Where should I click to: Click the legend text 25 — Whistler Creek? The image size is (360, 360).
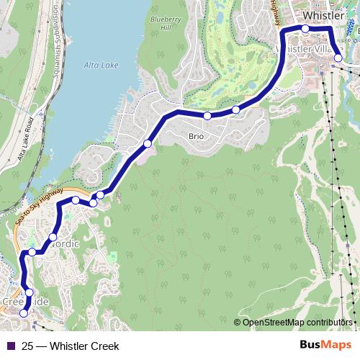tap(71, 346)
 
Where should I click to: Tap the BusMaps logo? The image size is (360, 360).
tap(325, 346)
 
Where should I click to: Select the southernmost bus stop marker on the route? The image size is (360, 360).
tap(24, 313)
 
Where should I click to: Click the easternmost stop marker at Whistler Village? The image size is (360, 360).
tap(338, 58)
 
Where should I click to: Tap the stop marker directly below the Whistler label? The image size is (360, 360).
tap(305, 28)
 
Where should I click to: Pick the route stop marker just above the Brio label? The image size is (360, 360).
tap(207, 116)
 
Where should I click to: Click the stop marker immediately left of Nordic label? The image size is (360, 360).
tap(53, 237)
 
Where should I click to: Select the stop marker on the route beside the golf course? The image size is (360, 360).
tap(235, 109)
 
